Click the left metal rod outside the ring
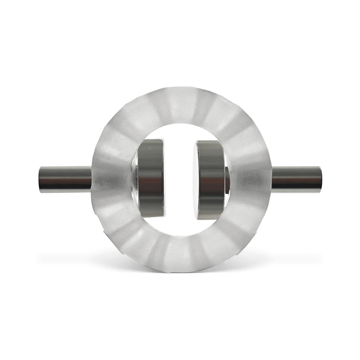point(65,179)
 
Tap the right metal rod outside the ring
point(297,179)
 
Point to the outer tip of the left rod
point(40,179)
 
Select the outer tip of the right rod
point(321,179)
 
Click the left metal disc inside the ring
point(151,178)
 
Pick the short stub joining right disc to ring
point(227,180)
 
